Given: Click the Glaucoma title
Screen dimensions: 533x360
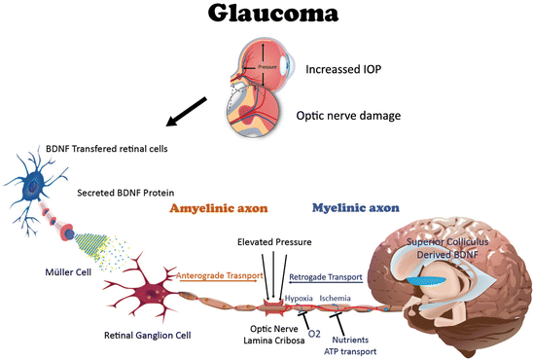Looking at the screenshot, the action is (273, 14).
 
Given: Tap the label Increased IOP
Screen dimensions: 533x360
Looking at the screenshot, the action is (343, 69).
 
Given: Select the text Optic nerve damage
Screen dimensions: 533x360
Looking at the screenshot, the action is (348, 116).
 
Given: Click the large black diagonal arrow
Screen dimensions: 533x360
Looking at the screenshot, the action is (187, 111).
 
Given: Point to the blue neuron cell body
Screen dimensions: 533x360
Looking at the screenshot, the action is (33, 186).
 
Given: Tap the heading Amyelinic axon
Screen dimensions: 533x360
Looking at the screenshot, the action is (219, 208).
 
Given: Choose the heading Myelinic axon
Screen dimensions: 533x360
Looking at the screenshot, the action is (356, 207).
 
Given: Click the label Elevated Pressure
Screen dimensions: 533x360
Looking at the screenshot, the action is (274, 242).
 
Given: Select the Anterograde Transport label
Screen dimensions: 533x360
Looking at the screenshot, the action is (220, 275).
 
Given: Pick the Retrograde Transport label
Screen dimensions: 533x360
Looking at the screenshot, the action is (326, 277).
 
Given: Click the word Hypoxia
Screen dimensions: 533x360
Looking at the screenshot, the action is (299, 298).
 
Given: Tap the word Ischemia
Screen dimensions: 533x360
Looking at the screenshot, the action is (335, 298).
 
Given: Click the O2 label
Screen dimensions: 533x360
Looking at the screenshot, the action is (314, 334).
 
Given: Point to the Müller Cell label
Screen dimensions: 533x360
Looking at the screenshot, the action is (68, 272).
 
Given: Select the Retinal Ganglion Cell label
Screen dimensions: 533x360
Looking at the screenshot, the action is (148, 336).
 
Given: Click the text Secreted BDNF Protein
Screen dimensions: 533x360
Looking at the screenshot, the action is (125, 193).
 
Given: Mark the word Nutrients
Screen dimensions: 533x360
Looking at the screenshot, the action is (350, 340).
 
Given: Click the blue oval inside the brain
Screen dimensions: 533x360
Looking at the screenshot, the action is (427, 280).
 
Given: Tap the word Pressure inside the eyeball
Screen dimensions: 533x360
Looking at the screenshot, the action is (267, 67).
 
